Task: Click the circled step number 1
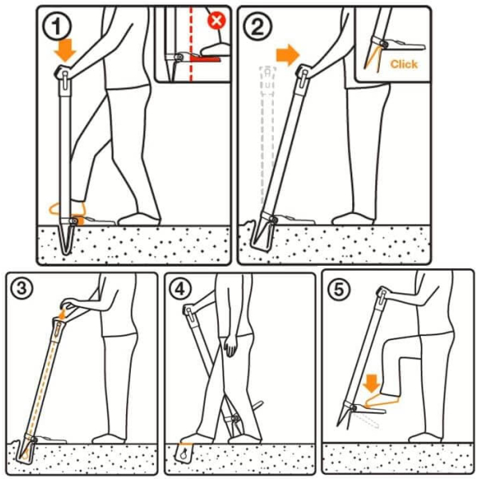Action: tap(57, 27)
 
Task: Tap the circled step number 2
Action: tap(257, 26)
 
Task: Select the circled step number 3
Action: tap(22, 288)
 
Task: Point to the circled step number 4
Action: tap(180, 288)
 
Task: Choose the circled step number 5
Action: tap(338, 289)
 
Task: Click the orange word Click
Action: tap(403, 64)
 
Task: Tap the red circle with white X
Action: tap(216, 21)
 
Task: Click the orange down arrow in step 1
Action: tap(65, 50)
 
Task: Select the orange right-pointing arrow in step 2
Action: tap(287, 55)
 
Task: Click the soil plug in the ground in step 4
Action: tap(184, 453)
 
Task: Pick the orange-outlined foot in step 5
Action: tap(382, 401)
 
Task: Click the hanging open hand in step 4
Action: tap(231, 345)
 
